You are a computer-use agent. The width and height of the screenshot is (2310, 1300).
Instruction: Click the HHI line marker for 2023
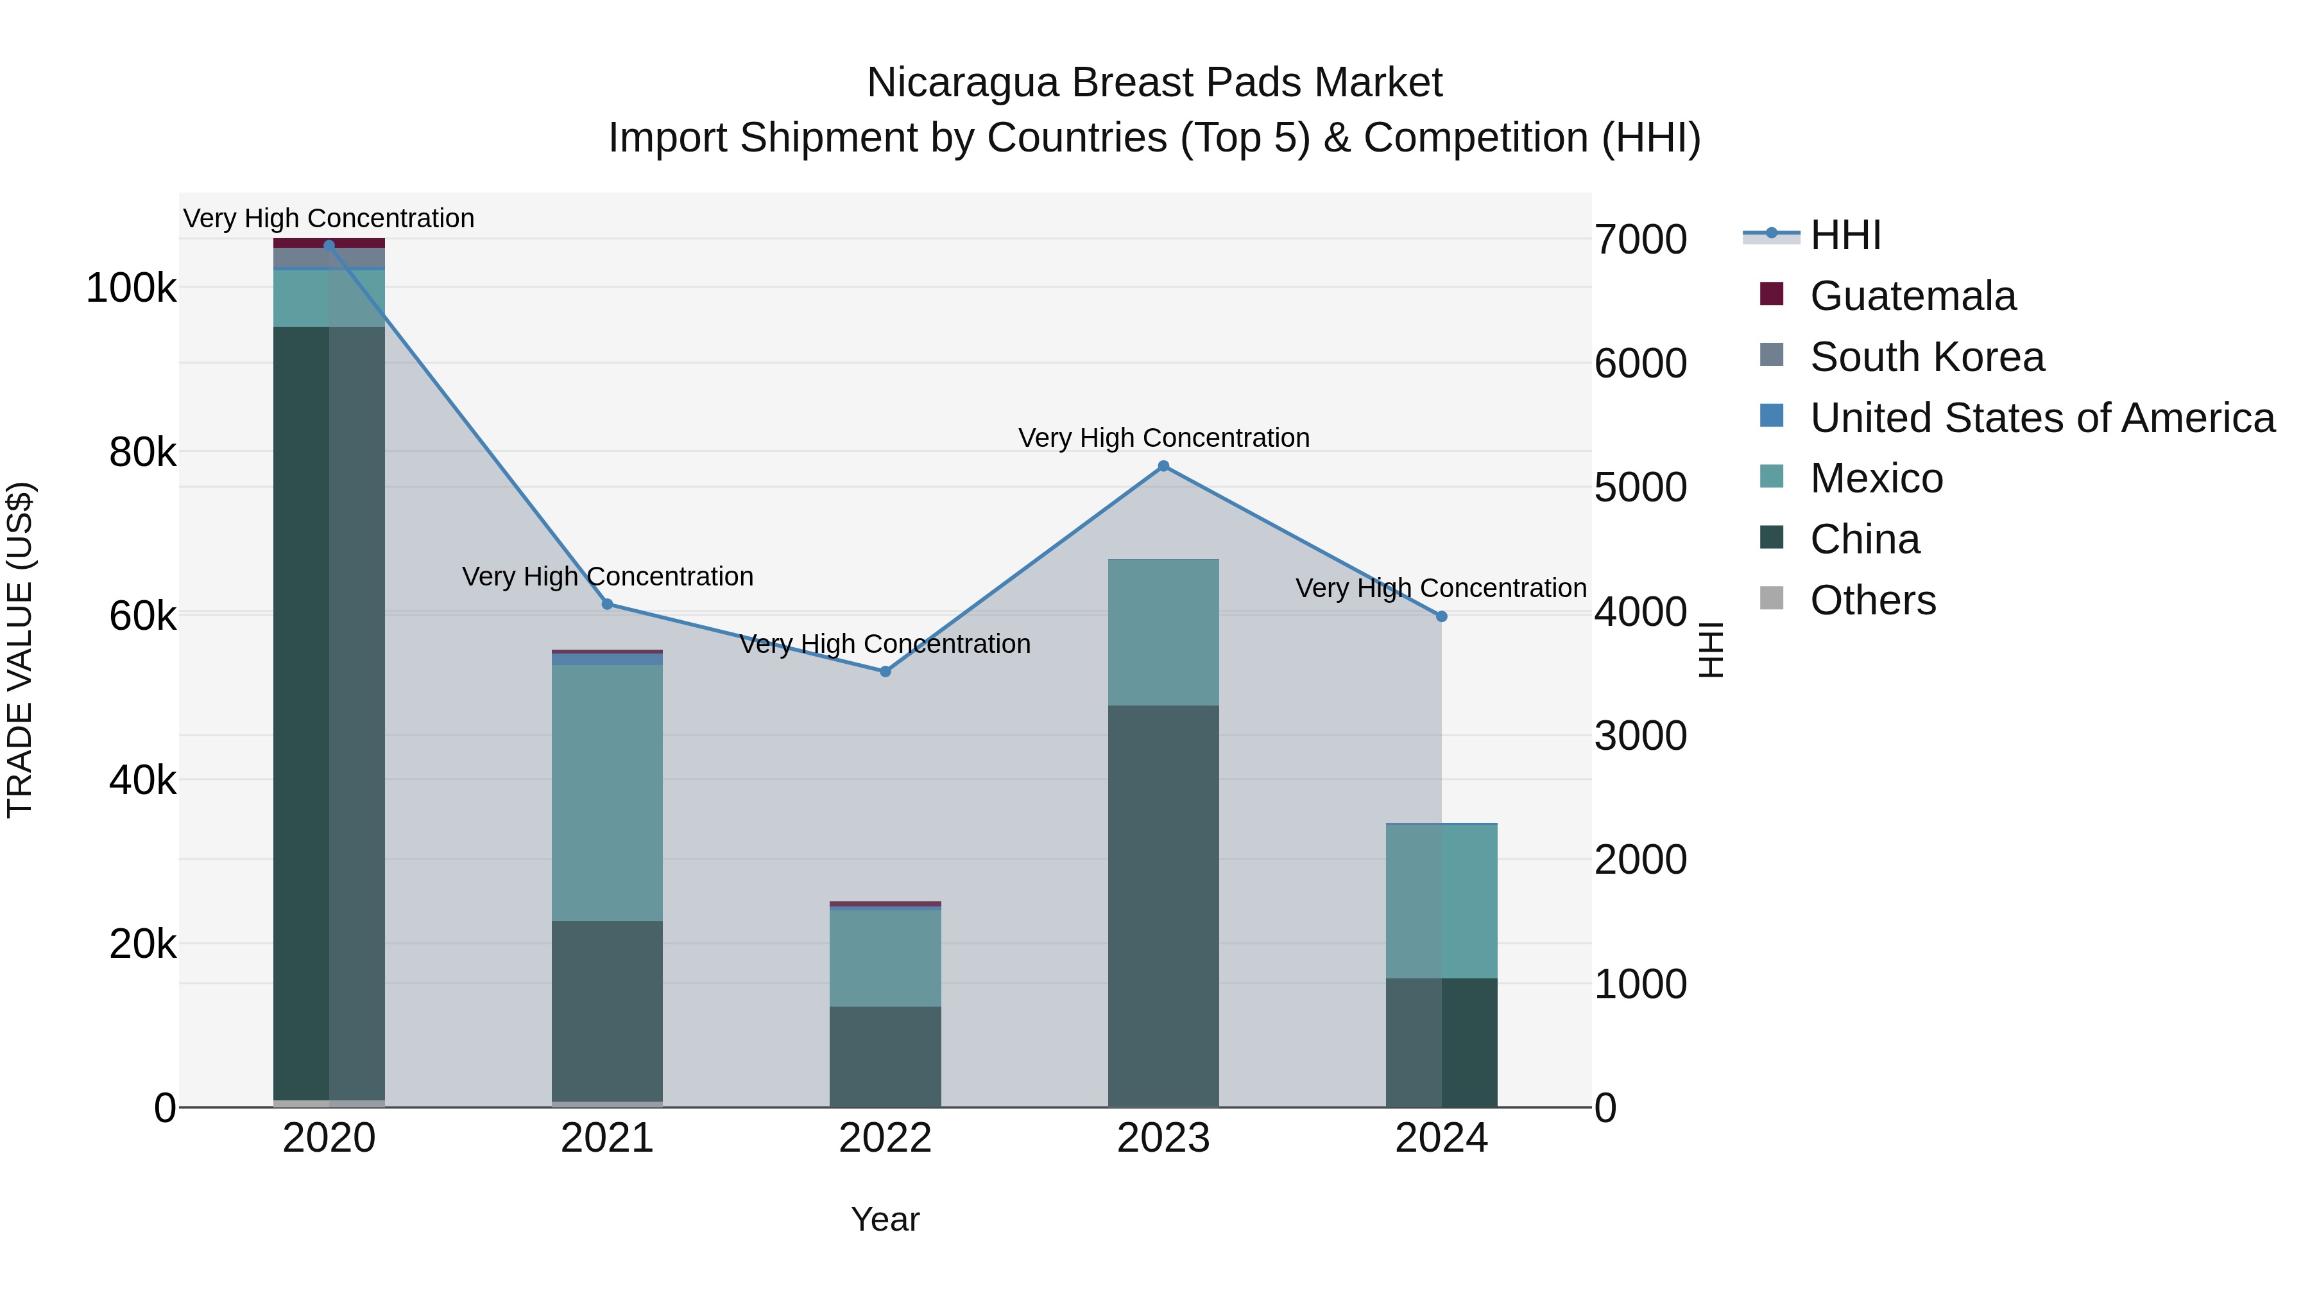point(1163,465)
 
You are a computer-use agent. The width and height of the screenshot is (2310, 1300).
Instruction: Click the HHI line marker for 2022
point(885,671)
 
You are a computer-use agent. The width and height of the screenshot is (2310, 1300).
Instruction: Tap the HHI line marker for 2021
point(607,604)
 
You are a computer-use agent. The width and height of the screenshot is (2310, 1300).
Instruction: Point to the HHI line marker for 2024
point(1441,616)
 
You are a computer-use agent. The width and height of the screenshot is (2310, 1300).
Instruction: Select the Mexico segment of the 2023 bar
point(1163,632)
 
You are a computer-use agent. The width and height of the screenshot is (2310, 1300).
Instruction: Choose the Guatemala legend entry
point(1912,295)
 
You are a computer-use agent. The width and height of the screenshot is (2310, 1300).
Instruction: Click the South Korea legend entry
point(1926,356)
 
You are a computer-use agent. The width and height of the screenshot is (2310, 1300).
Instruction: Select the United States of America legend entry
point(2041,417)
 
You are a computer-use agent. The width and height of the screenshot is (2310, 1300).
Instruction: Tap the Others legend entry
point(1872,600)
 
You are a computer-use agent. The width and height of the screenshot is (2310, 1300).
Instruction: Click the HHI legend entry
point(1845,234)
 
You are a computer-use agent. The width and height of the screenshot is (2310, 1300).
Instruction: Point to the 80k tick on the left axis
point(142,452)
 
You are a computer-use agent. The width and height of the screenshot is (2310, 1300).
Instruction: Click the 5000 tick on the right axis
point(1640,487)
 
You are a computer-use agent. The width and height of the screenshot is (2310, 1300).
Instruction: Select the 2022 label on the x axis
point(885,1138)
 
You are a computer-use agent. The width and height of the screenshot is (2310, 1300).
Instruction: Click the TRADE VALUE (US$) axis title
point(20,650)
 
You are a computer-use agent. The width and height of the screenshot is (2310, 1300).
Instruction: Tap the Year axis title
point(885,1219)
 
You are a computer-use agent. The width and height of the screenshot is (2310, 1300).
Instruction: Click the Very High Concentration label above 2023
point(1163,438)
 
